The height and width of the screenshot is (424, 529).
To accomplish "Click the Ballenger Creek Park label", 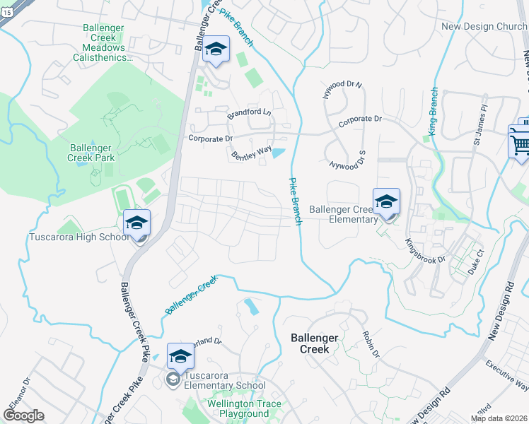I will click(91, 153).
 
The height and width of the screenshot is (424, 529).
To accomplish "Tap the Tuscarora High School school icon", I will click(136, 223).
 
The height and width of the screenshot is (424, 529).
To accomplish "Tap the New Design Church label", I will click(484, 27).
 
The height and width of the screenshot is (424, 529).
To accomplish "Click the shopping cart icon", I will click(520, 144).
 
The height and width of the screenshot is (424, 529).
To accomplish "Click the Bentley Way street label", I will click(252, 151).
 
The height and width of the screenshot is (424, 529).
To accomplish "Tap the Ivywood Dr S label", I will click(347, 159).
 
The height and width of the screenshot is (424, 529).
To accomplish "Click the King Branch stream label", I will click(433, 111).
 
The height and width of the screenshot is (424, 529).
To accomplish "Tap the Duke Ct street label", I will click(475, 261).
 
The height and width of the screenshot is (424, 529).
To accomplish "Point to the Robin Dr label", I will click(371, 343).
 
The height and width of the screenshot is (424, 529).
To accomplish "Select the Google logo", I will click(23, 415).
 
